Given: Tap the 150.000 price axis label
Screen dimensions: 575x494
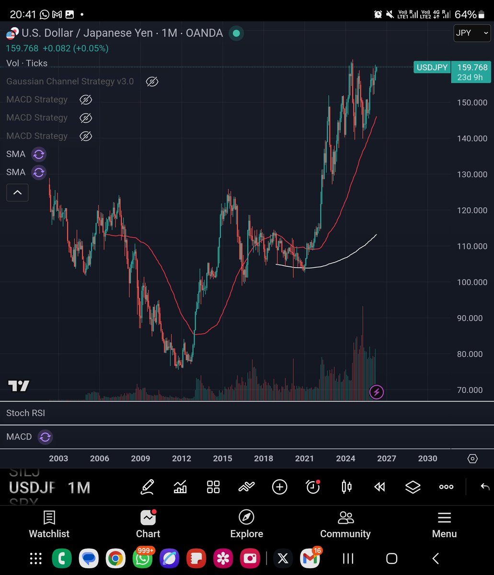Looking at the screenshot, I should (x=472, y=103).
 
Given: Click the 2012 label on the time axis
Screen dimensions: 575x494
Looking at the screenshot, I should (x=182, y=459).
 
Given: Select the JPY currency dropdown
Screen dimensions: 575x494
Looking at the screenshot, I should (x=471, y=33).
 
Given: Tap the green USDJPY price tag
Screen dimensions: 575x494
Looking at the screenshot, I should (x=432, y=68).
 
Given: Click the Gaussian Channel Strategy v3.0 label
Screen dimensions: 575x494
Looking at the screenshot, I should (x=70, y=81).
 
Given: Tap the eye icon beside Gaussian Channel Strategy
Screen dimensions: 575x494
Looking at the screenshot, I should (x=152, y=81).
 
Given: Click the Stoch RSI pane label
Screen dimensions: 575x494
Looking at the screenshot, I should (x=25, y=413).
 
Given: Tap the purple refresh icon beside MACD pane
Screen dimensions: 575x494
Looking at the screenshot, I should (x=45, y=437).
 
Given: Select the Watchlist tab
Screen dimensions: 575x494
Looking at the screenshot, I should (x=49, y=524).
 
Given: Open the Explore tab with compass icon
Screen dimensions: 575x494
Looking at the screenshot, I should (x=246, y=524).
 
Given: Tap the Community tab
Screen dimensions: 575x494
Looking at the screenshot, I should (x=345, y=524).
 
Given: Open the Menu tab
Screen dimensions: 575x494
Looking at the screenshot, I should (x=444, y=524).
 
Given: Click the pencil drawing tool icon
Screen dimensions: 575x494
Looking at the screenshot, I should (x=147, y=487).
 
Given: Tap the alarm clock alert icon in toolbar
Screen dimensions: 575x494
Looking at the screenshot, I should (x=313, y=487).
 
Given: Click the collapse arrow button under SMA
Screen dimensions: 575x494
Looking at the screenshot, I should (x=17, y=193).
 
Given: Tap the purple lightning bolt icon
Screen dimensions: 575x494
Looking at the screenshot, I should (x=377, y=392).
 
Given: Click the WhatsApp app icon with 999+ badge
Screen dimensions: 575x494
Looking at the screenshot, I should (x=143, y=558).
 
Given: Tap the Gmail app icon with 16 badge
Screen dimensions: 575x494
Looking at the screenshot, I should (x=310, y=558).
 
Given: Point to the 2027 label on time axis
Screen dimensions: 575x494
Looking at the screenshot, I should (x=386, y=459).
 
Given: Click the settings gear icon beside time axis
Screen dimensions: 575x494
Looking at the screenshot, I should (x=472, y=459).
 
